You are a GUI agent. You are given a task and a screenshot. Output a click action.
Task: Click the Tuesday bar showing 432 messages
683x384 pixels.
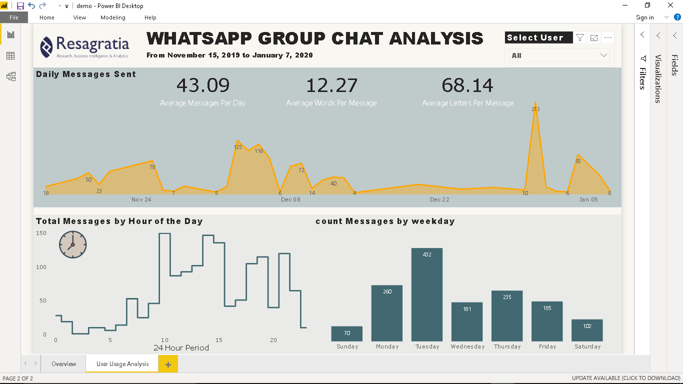point(426,294)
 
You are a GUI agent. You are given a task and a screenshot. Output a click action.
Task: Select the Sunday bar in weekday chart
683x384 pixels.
point(346,333)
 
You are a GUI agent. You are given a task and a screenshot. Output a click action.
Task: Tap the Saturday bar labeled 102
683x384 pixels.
point(587,330)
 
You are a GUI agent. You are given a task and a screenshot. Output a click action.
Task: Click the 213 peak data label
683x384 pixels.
point(535,109)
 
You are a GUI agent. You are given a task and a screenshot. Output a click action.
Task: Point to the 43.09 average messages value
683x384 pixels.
point(203,85)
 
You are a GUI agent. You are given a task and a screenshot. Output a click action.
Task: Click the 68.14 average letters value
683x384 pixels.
point(467,85)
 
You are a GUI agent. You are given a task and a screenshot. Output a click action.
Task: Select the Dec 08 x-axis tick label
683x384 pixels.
point(290,199)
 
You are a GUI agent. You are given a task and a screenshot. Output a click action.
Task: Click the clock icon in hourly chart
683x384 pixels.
point(72,244)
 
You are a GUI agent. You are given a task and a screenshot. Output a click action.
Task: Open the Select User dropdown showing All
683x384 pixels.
point(559,55)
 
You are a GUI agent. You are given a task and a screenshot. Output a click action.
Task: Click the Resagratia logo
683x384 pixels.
point(84,46)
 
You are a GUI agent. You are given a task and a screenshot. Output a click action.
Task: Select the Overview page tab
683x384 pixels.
point(64,364)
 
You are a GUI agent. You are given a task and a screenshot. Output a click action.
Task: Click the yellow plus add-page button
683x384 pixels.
point(168,364)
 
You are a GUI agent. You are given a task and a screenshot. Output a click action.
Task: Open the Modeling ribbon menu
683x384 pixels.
point(113,17)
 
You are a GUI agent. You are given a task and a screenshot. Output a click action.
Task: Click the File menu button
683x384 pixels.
point(14,17)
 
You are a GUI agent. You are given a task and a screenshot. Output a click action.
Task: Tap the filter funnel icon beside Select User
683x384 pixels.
point(579,37)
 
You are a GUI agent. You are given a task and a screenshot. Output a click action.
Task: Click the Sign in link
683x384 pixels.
point(644,17)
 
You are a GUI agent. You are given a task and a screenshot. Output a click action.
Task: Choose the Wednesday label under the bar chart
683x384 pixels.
point(467,346)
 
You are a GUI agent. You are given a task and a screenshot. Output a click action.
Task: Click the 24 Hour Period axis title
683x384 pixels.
point(181,347)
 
